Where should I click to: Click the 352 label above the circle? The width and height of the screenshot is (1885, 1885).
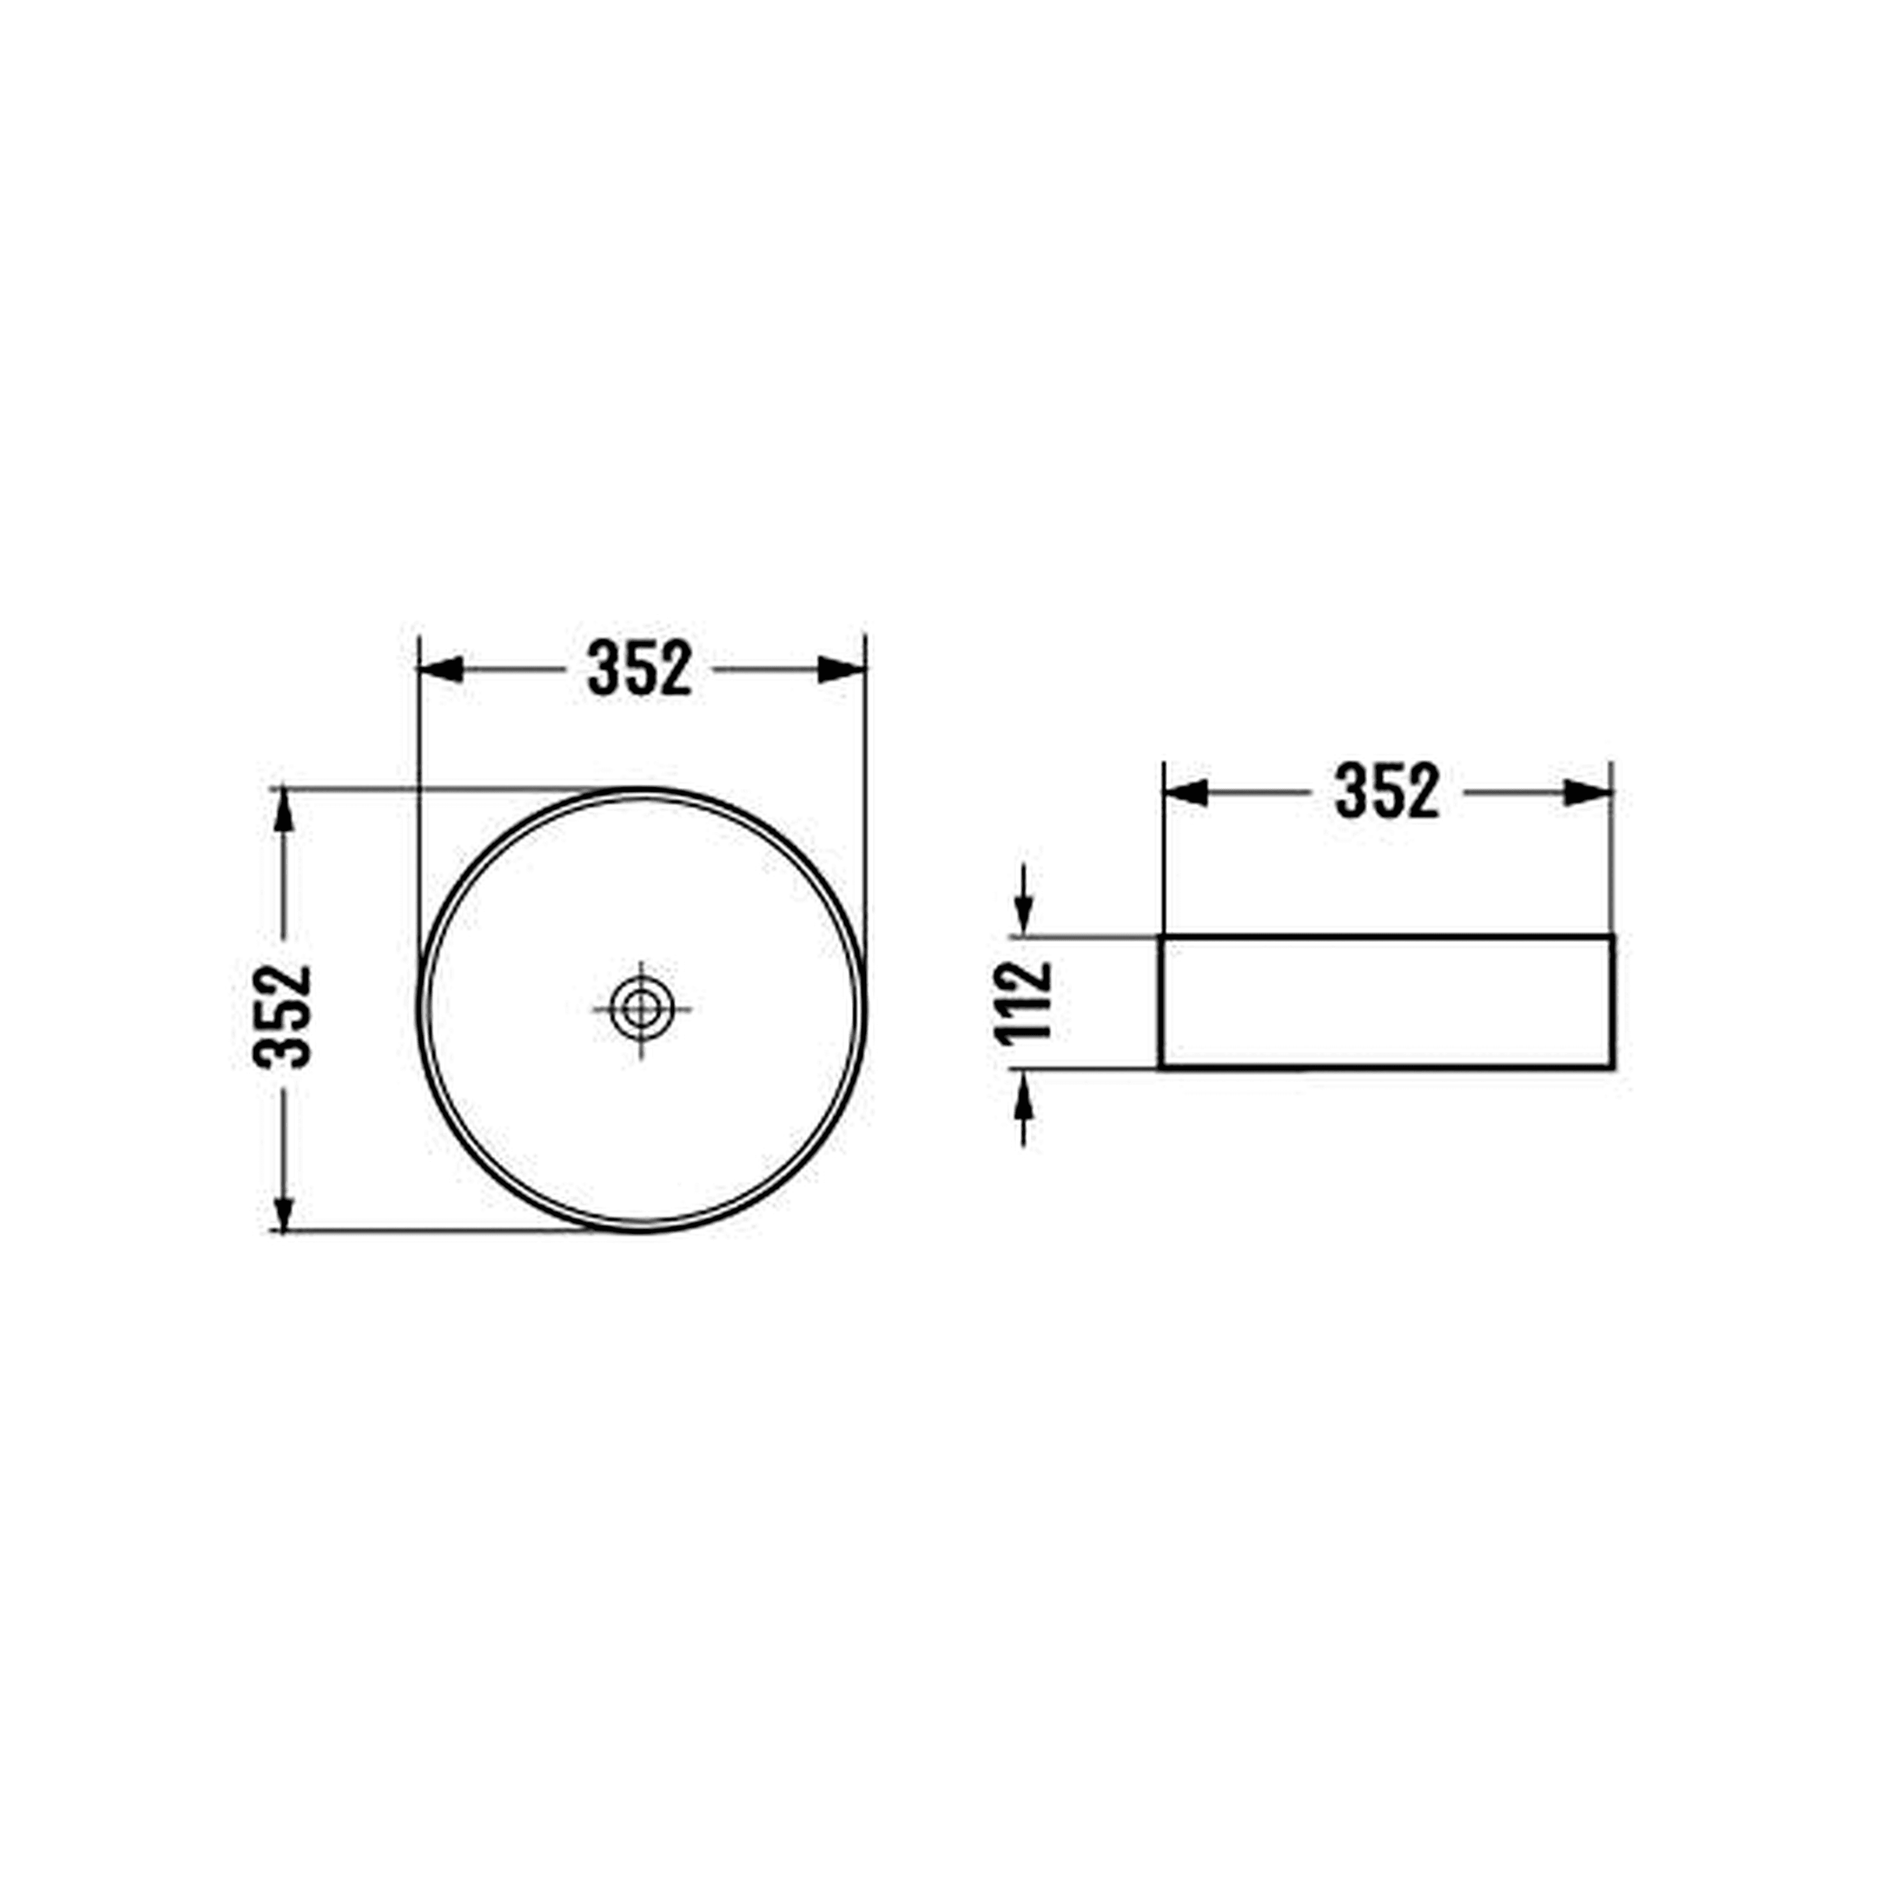(x=640, y=669)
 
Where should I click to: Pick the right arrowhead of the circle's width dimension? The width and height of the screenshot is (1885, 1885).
(x=841, y=669)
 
